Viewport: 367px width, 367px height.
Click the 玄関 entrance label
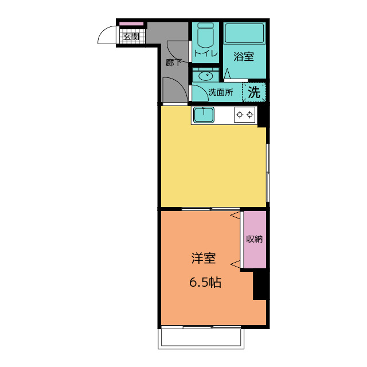131,37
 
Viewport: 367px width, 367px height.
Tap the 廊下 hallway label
173,63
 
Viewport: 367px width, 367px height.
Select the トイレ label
206,53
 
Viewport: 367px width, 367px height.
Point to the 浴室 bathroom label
244,56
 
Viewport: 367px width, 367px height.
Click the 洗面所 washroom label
220,92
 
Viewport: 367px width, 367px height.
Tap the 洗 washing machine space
254,92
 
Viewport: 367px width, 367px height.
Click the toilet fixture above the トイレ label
205,35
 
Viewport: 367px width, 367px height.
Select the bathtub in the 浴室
245,33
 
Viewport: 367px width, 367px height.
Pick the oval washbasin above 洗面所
205,76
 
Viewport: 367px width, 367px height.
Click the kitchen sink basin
204,115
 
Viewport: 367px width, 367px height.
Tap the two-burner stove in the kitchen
245,115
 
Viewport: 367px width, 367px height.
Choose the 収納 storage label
255,239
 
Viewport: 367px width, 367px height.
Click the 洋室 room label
204,259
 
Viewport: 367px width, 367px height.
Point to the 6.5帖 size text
205,282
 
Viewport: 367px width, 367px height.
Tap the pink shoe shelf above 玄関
131,24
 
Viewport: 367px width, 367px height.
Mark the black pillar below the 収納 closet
260,284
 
